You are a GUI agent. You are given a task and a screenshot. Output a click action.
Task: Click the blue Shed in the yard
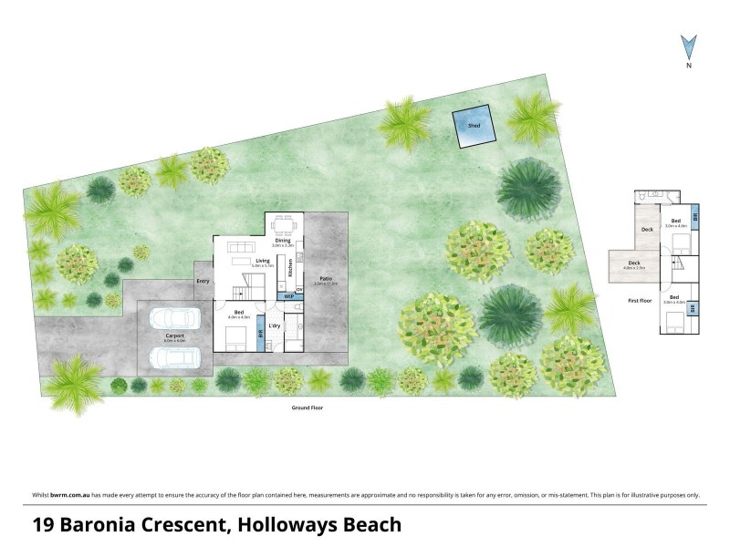pyautogui.click(x=474, y=128)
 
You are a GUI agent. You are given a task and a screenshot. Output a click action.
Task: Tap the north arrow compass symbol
pyautogui.click(x=690, y=46)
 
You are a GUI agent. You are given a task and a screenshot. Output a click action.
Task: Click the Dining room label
pyautogui.click(x=283, y=241)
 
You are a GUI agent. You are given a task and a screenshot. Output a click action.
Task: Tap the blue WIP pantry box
pyautogui.click(x=289, y=296)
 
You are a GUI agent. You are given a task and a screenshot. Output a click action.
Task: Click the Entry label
pyautogui.click(x=203, y=281)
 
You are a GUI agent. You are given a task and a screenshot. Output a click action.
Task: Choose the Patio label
pyautogui.click(x=325, y=279)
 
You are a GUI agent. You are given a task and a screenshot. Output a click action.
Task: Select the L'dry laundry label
pyautogui.click(x=275, y=325)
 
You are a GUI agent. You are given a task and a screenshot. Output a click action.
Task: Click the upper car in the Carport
pyautogui.click(x=174, y=318)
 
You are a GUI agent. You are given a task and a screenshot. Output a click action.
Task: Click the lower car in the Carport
pyautogui.click(x=174, y=356)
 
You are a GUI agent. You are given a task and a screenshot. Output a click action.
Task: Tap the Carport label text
pyautogui.click(x=174, y=336)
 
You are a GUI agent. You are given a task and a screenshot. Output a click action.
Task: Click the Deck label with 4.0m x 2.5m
pyautogui.click(x=633, y=264)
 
